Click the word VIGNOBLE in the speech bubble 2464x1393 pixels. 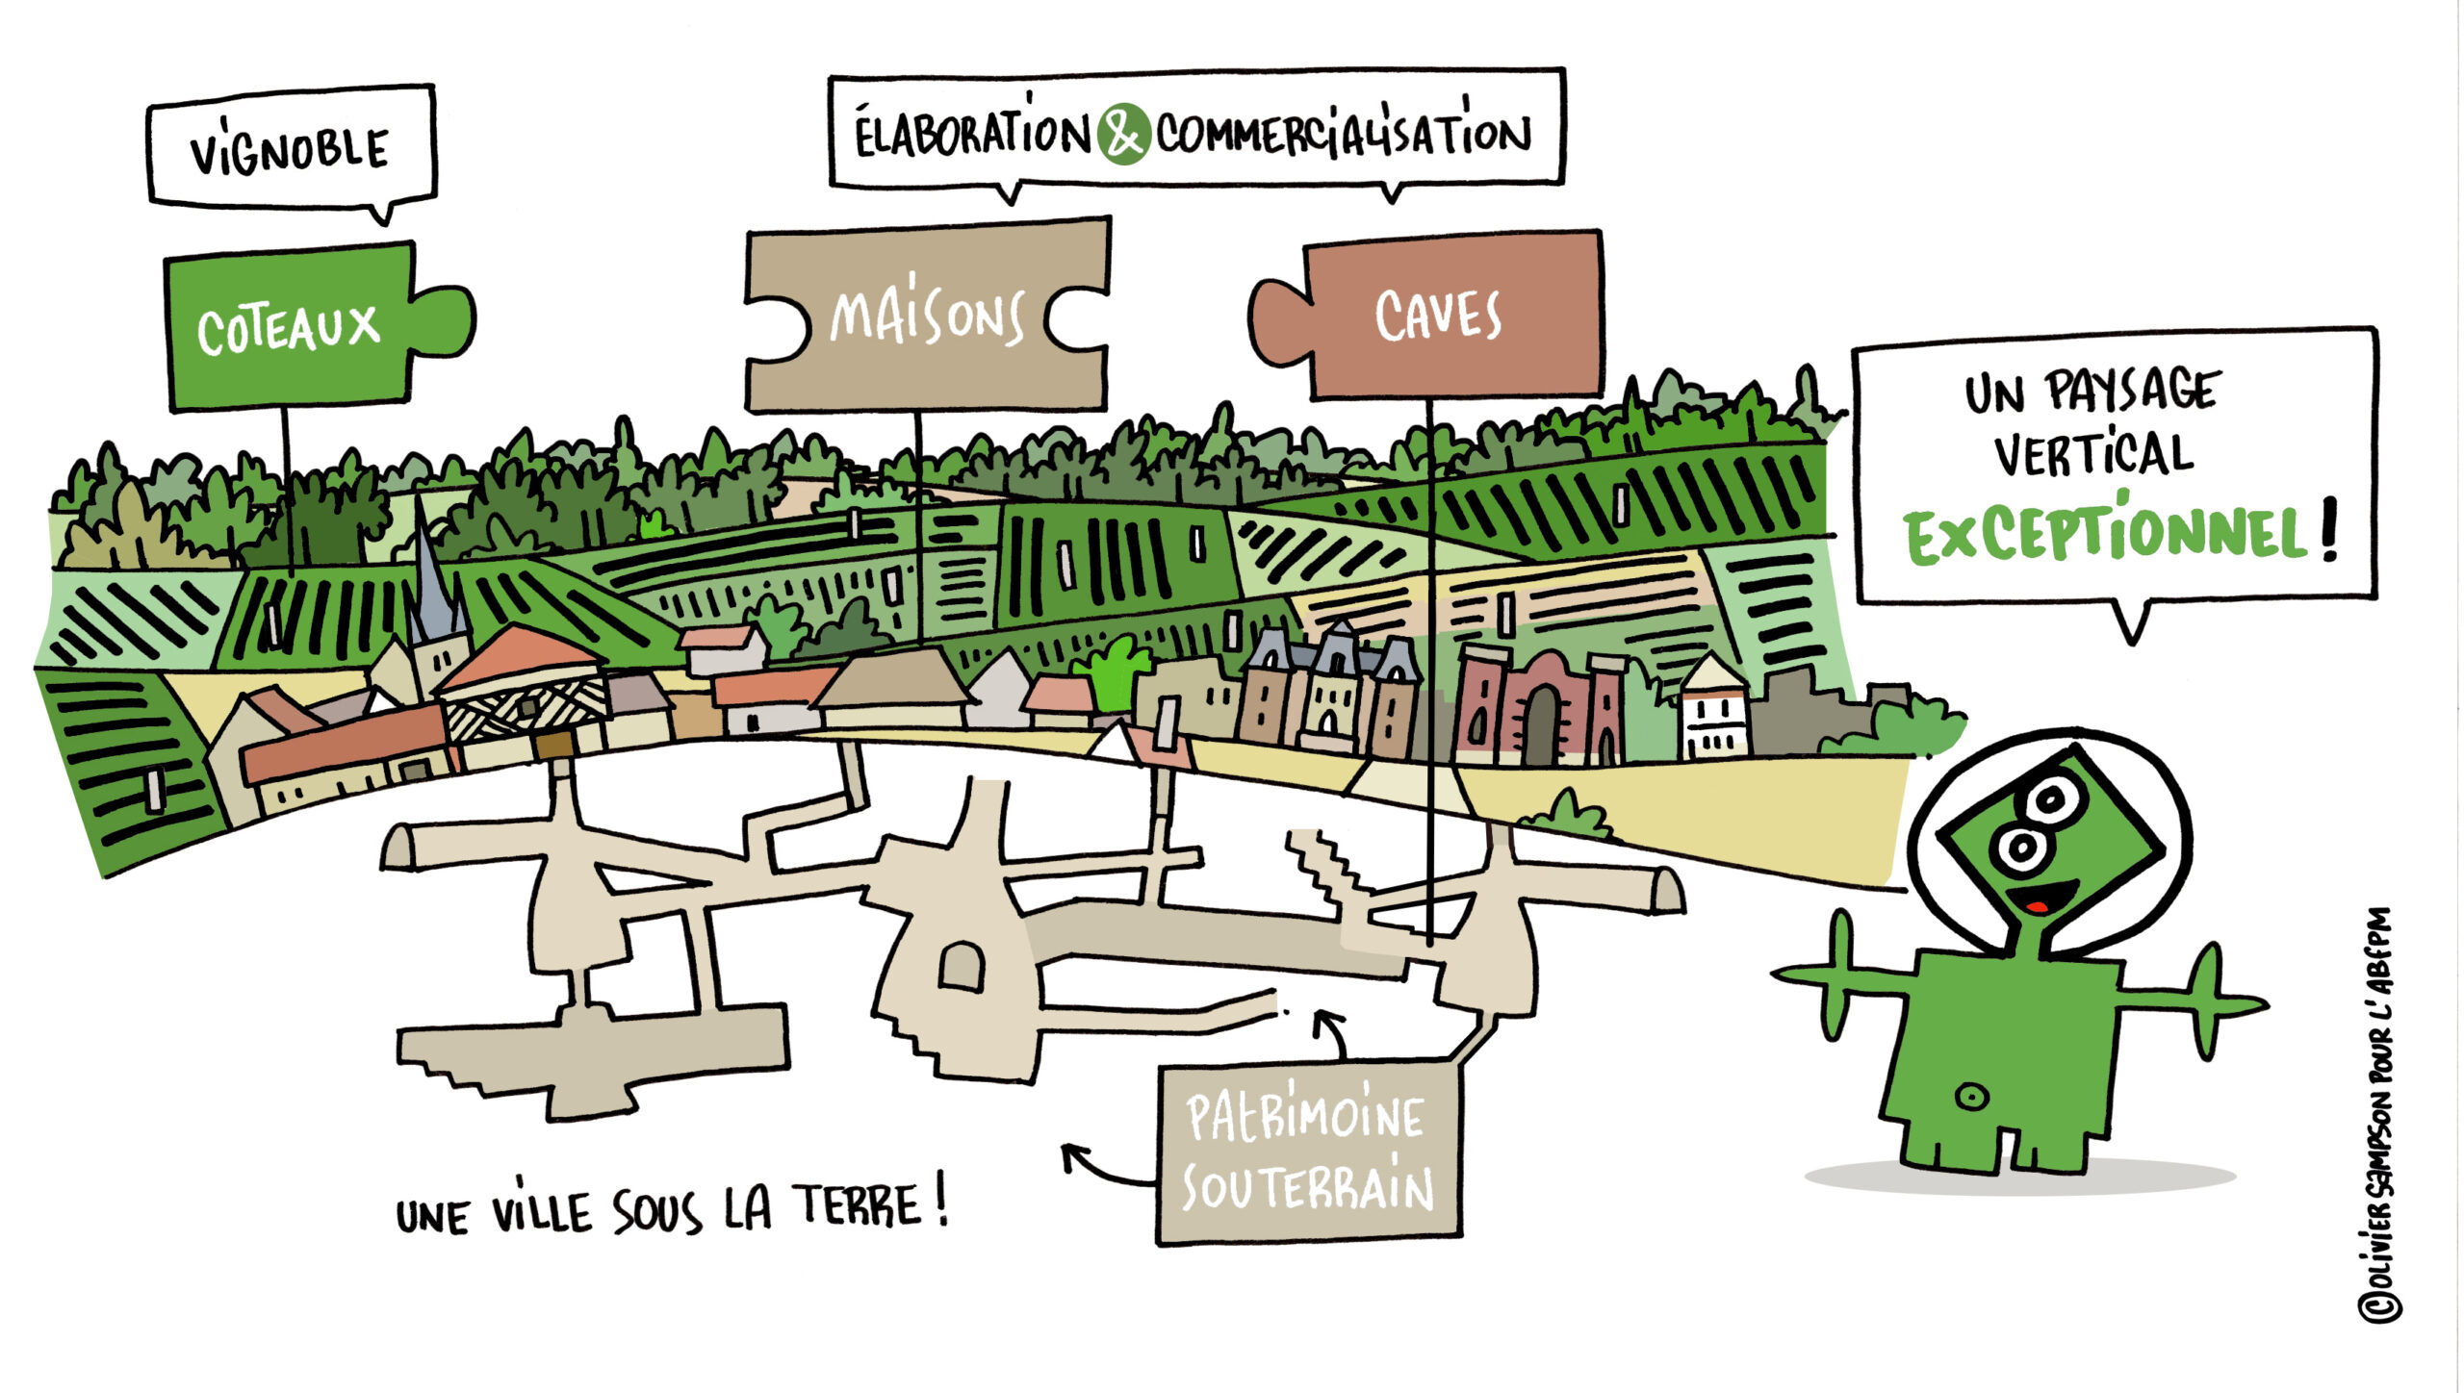(289, 152)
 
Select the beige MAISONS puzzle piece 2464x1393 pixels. (926, 316)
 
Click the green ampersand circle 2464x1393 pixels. (1122, 135)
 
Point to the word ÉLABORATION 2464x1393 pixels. (972, 135)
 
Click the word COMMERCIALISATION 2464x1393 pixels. (1344, 135)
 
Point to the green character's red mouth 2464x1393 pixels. (2037, 905)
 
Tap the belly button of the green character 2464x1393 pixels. (1971, 1096)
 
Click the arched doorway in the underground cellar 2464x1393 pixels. (961, 965)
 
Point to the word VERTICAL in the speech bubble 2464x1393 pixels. (2092, 454)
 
